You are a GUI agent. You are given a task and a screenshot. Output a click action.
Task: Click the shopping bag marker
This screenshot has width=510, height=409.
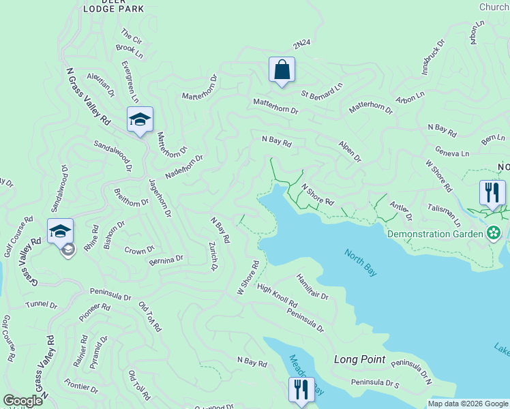[x=282, y=70]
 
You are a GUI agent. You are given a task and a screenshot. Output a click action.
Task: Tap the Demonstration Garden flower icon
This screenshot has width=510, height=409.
[x=494, y=233]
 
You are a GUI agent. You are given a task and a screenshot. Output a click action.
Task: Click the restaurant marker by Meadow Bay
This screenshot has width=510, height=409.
[x=301, y=390]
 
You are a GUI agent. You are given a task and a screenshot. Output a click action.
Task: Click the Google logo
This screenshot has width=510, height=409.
[x=22, y=401]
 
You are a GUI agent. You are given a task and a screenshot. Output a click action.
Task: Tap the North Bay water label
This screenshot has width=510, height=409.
[x=361, y=262]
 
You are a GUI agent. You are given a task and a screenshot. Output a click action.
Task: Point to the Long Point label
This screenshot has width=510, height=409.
[x=359, y=359]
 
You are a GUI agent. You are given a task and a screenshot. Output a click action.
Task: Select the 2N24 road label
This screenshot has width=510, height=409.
[x=301, y=44]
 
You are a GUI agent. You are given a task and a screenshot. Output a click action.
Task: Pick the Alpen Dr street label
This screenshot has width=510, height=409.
[x=349, y=152]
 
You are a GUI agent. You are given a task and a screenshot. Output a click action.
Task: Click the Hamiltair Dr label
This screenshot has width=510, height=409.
[x=312, y=287]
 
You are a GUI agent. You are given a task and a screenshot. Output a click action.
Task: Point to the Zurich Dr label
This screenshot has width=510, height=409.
[x=213, y=256]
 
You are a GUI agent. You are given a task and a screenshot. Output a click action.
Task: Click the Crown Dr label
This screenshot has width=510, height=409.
[x=140, y=250]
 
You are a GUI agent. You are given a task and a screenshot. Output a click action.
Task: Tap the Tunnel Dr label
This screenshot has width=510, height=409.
[x=40, y=304]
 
